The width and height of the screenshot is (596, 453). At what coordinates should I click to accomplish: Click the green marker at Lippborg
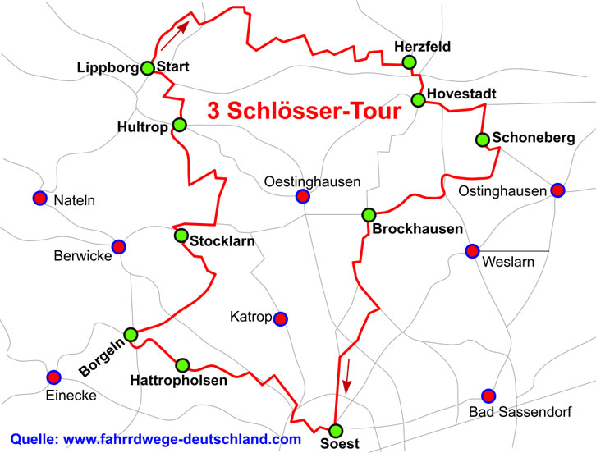[148, 68]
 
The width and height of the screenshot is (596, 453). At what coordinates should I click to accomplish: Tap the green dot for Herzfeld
[409, 62]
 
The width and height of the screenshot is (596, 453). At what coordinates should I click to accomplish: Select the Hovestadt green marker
[418, 100]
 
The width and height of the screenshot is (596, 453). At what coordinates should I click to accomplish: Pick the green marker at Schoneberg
[483, 139]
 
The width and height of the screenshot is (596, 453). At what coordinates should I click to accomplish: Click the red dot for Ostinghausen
[557, 190]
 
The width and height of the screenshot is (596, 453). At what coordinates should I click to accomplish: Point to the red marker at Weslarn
[472, 250]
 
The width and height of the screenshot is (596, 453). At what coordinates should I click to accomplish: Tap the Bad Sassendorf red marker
[488, 396]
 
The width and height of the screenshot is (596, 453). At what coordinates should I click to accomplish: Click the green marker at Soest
[335, 431]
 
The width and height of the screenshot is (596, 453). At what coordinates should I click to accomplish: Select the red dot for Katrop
[281, 318]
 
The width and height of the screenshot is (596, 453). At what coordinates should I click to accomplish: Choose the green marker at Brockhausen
[369, 215]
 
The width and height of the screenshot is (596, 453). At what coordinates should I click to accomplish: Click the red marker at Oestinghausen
[302, 196]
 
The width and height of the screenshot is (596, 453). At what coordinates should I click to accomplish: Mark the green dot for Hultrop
[180, 125]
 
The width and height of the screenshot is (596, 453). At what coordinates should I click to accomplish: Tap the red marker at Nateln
[39, 198]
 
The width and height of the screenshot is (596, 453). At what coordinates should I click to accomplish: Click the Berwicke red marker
[118, 246]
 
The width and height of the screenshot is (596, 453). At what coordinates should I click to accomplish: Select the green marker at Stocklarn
[181, 236]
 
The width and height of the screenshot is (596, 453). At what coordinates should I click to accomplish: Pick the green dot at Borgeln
[131, 334]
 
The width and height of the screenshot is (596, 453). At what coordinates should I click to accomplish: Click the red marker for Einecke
[53, 377]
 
